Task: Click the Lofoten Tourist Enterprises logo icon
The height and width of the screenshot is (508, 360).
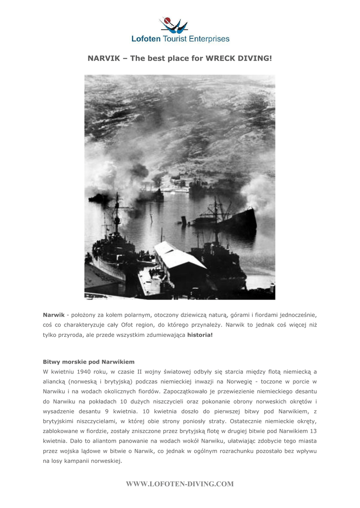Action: (x=173, y=24)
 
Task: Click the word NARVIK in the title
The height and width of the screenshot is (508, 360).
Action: (x=103, y=58)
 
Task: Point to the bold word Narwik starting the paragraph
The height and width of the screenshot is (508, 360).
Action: (x=54, y=315)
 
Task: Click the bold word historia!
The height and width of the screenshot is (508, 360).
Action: (x=200, y=335)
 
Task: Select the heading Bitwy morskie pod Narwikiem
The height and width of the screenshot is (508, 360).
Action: (x=88, y=362)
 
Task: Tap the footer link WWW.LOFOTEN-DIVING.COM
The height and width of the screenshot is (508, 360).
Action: (x=180, y=484)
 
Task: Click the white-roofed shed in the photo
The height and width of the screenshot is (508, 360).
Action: (x=179, y=258)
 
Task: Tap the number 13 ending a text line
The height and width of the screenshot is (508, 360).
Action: (x=313, y=431)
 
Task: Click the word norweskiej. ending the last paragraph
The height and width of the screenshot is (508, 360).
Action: (x=105, y=460)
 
